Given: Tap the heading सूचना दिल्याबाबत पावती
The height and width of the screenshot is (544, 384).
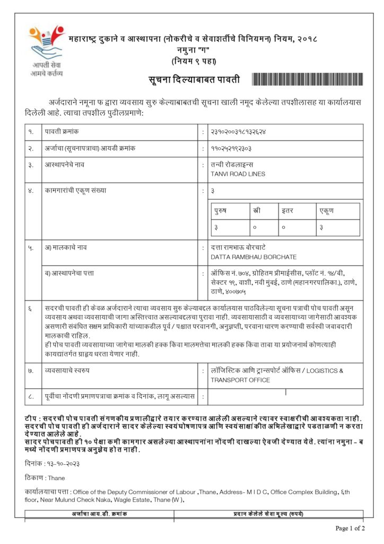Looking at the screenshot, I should pos(194,80).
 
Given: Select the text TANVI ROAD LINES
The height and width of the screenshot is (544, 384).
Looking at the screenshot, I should pos(238,174).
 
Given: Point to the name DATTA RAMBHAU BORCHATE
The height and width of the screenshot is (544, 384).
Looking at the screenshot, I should pos(254,257).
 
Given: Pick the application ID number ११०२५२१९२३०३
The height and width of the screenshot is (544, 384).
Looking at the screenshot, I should pos(231,148).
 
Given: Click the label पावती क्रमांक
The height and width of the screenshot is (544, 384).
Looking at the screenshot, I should pos(62,131).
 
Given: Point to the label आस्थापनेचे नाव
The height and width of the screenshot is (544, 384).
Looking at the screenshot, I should pos(64,165).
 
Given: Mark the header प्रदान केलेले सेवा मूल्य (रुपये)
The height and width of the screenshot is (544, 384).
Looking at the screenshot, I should pos(268,514).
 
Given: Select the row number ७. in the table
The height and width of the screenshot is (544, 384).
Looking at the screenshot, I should pos(31,370).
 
